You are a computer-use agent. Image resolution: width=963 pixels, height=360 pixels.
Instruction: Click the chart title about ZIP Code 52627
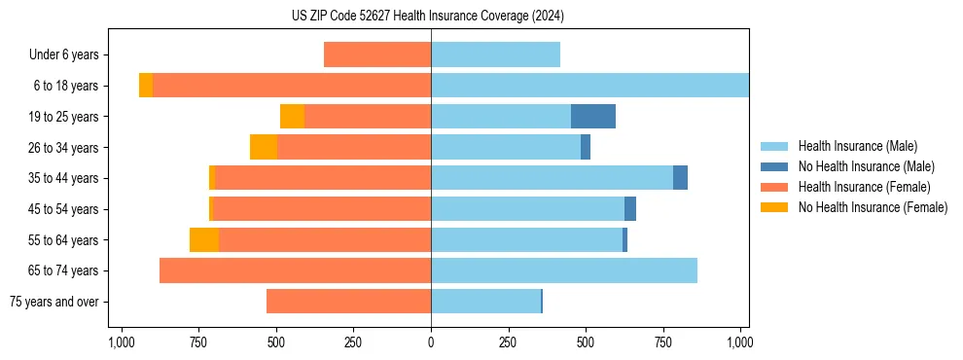pos(427,16)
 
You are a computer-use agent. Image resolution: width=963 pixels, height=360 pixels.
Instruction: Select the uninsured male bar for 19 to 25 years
pos(593,117)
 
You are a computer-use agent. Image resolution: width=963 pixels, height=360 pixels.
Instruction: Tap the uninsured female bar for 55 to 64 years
pos(204,240)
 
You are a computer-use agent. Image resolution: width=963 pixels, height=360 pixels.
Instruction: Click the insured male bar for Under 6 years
pos(495,54)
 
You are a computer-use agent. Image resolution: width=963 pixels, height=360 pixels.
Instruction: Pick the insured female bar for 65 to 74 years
pos(295,270)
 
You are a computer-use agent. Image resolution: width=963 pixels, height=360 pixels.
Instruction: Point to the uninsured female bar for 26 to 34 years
pos(264,147)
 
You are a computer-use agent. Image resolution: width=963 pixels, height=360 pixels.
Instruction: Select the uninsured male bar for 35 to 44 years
pos(680,178)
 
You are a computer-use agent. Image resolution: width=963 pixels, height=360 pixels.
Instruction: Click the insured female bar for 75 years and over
pos(348,302)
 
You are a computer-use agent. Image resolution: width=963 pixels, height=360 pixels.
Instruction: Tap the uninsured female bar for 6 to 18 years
pos(146,86)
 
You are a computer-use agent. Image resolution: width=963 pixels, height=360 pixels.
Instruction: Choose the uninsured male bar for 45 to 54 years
pos(630,209)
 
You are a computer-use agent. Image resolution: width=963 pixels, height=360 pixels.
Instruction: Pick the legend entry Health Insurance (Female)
pos(864,187)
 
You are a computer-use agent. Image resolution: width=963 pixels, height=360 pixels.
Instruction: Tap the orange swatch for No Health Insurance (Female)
pos(775,207)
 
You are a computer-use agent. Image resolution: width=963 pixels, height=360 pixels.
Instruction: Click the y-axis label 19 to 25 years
pos(65,117)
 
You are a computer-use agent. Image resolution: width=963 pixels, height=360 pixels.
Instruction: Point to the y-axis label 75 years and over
pos(54,302)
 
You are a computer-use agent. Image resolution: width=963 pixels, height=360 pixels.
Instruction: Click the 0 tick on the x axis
pos(431,342)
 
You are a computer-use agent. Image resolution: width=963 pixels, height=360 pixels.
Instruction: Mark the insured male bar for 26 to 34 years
pos(506,147)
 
